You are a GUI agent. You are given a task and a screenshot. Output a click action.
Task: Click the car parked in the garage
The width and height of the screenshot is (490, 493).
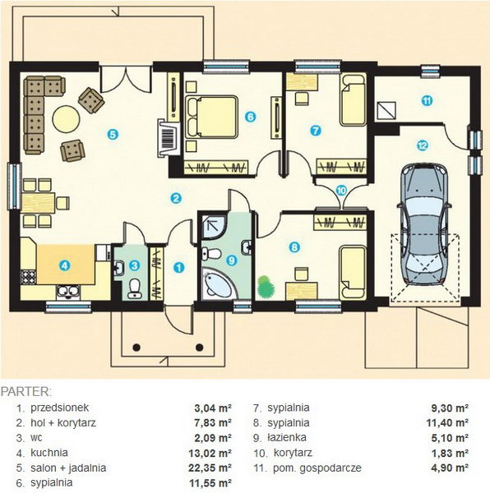[x=423, y=224]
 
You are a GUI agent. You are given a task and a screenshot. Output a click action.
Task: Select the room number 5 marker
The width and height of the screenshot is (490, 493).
[x=113, y=135]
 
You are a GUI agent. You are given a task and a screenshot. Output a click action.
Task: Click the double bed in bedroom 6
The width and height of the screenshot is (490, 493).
[x=211, y=117]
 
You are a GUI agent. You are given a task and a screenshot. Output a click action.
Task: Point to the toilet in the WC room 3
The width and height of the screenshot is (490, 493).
[x=135, y=288]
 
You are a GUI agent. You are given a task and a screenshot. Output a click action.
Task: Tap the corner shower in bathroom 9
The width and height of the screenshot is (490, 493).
[x=213, y=227]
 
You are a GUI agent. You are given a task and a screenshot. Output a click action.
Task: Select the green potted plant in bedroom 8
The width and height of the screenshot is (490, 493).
[x=266, y=287]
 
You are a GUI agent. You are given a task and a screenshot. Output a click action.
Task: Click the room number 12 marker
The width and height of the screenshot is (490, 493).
[x=423, y=145]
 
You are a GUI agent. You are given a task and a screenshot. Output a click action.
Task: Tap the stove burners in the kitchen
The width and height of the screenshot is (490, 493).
[x=28, y=277]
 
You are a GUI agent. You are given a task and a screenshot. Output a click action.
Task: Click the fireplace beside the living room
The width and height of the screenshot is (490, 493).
[x=169, y=137]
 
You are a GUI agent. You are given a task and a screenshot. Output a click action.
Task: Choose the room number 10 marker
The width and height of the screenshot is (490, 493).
[x=341, y=191]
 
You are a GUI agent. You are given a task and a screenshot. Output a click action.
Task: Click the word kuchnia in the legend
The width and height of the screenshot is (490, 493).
[x=49, y=453]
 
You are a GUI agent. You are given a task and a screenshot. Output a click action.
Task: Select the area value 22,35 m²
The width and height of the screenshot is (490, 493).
[x=210, y=468]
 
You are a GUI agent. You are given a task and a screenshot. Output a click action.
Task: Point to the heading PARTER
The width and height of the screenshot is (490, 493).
[x=25, y=392]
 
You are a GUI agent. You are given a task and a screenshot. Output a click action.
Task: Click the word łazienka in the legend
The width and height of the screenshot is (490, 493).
[x=287, y=438]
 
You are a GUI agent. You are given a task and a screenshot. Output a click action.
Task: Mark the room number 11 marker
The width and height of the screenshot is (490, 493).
[x=427, y=101]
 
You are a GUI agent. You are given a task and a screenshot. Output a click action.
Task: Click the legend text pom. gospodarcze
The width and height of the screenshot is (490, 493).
[x=317, y=468]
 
